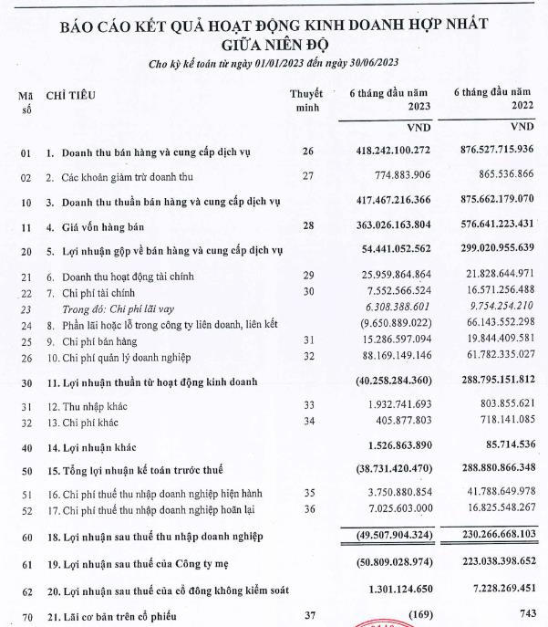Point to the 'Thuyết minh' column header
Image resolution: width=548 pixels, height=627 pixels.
[306, 101]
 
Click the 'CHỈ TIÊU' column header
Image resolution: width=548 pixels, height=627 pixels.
[70, 95]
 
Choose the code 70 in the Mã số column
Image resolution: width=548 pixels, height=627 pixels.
[26, 618]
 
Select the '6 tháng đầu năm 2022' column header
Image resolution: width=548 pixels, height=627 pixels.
[492, 100]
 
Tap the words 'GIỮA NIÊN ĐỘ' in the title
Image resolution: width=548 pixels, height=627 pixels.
[274, 42]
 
